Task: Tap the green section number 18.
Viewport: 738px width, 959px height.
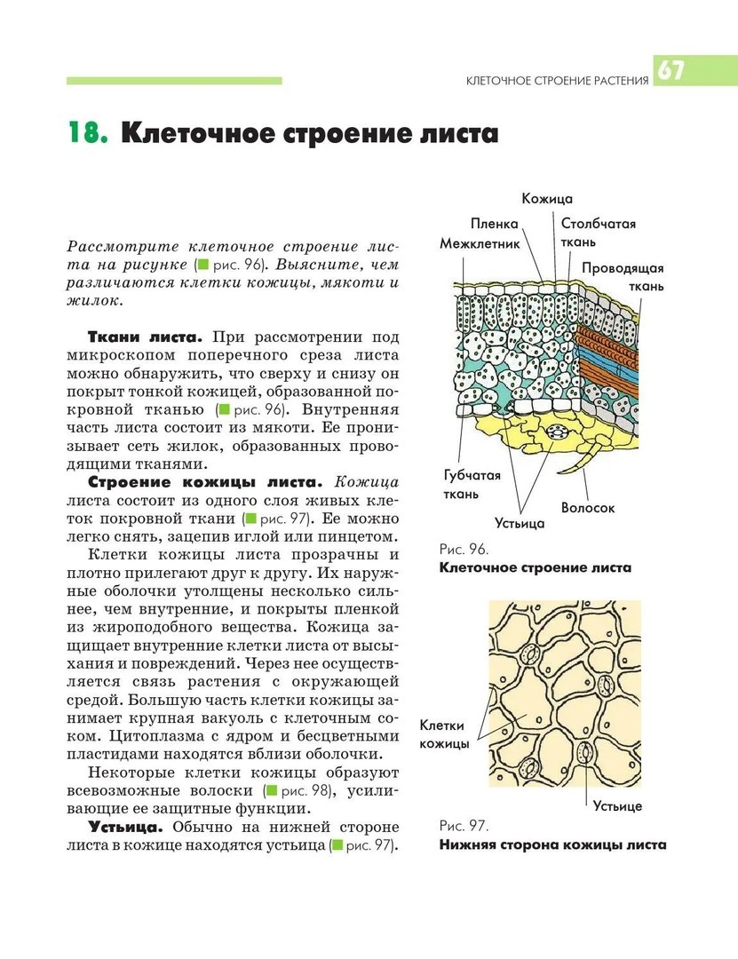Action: tap(88, 135)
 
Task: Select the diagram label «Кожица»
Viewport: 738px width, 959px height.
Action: tap(547, 200)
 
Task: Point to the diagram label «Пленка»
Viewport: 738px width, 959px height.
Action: tap(494, 224)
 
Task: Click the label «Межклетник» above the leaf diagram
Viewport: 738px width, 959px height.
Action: tap(480, 242)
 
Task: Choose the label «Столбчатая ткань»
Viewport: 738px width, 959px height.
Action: tap(598, 233)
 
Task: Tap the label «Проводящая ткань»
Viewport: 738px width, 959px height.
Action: tap(623, 277)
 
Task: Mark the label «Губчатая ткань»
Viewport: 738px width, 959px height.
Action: tap(472, 484)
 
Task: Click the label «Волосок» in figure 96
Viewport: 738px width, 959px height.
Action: tap(587, 508)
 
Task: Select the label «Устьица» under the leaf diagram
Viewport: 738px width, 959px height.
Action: tap(520, 524)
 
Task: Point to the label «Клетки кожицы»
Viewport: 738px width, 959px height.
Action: tap(444, 734)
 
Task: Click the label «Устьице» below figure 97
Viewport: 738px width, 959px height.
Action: tap(617, 806)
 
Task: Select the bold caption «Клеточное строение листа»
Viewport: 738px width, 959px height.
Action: tap(535, 568)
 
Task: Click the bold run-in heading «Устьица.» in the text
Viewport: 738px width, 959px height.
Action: tap(124, 827)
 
